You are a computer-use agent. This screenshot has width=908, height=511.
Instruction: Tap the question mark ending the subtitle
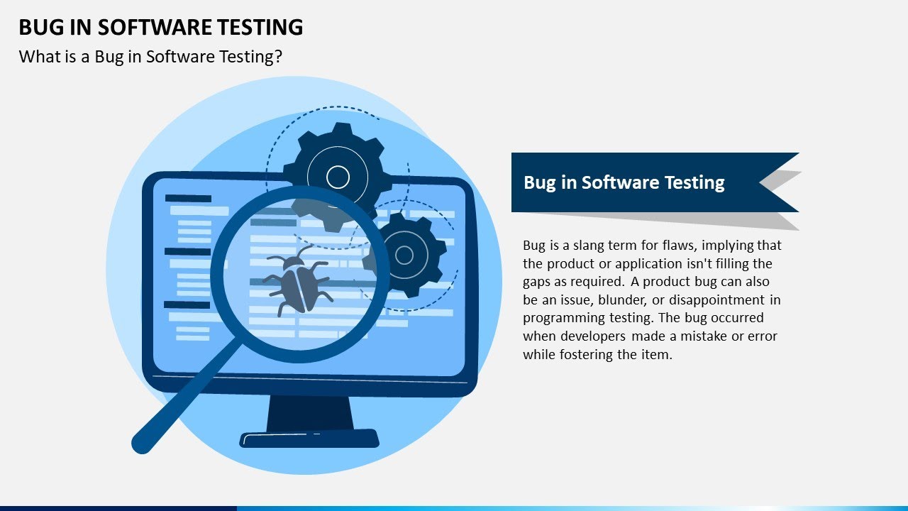(x=278, y=57)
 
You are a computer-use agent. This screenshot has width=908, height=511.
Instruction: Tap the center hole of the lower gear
(x=404, y=255)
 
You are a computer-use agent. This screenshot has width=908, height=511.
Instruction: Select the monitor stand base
(x=309, y=438)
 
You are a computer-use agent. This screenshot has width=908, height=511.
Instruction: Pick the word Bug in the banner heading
(x=539, y=182)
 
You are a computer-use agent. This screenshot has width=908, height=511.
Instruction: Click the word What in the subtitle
(x=35, y=57)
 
